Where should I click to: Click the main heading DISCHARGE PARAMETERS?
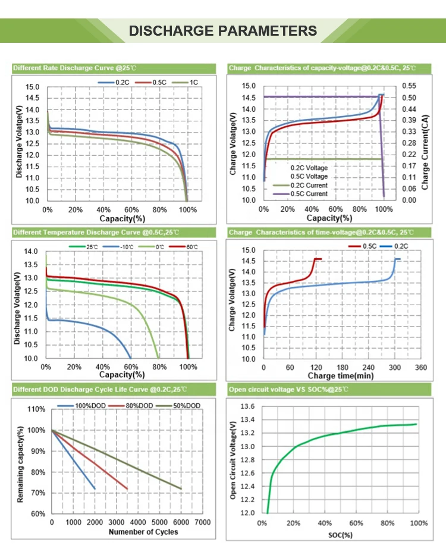(x=222, y=31)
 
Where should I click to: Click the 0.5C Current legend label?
(x=309, y=194)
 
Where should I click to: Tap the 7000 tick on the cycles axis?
(x=202, y=522)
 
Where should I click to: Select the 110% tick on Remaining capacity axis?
(x=37, y=409)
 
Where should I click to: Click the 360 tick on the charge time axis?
(x=420, y=368)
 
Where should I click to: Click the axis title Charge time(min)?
(x=340, y=377)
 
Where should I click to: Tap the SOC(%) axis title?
(x=340, y=535)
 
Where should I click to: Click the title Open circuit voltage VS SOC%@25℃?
(x=288, y=390)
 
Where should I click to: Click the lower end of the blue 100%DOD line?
(x=95, y=488)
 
